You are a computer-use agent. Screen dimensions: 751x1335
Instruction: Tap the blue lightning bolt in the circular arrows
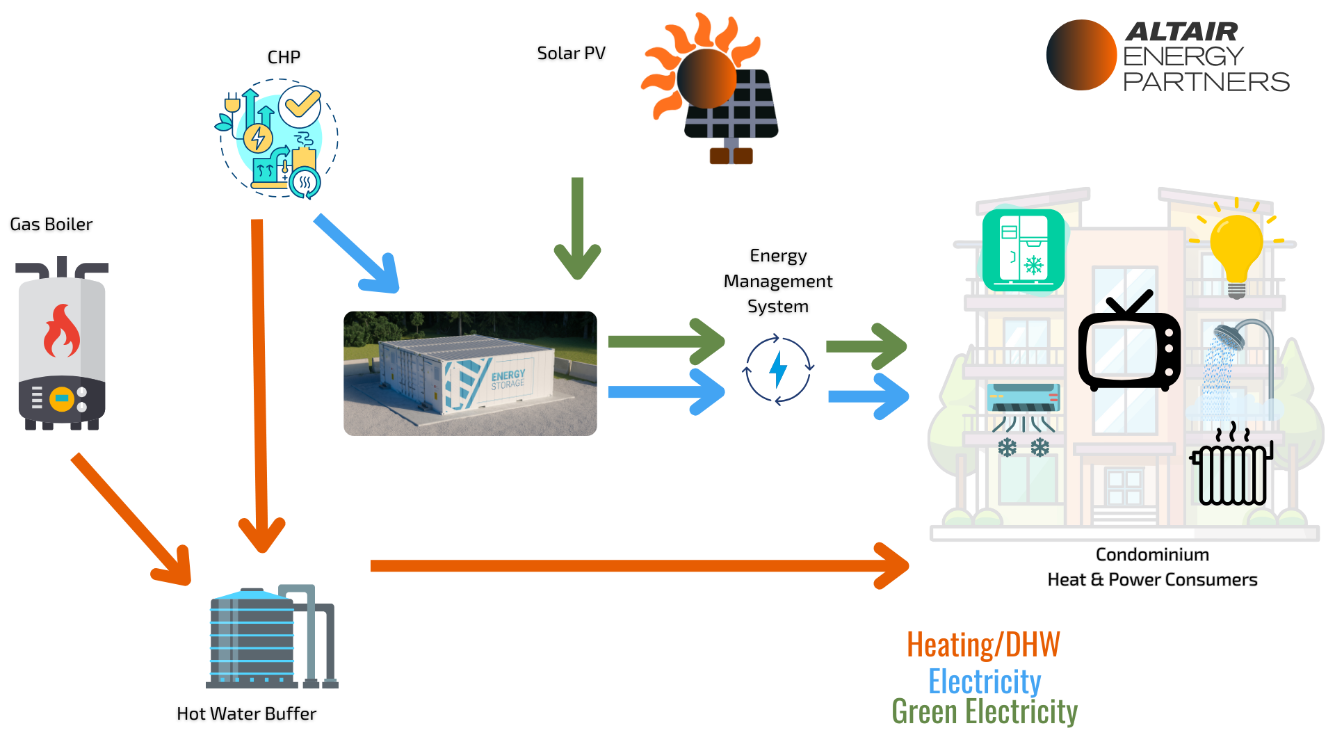pyautogui.click(x=778, y=369)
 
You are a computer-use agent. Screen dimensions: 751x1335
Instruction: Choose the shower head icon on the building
pyautogui.click(x=1229, y=337)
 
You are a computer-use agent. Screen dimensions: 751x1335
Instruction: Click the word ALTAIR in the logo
pyautogui.click(x=1181, y=31)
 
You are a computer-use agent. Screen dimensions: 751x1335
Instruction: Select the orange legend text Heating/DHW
pyautogui.click(x=983, y=645)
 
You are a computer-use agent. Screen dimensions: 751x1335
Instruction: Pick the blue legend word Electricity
pyautogui.click(x=985, y=681)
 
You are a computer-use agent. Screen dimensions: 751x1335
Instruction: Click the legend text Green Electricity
pyautogui.click(x=985, y=711)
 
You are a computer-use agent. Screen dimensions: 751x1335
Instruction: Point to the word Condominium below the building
pyautogui.click(x=1152, y=554)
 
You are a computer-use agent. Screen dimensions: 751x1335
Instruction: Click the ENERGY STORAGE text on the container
pyautogui.click(x=508, y=379)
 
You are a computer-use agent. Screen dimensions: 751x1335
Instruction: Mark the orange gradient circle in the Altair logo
pyautogui.click(x=1081, y=55)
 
